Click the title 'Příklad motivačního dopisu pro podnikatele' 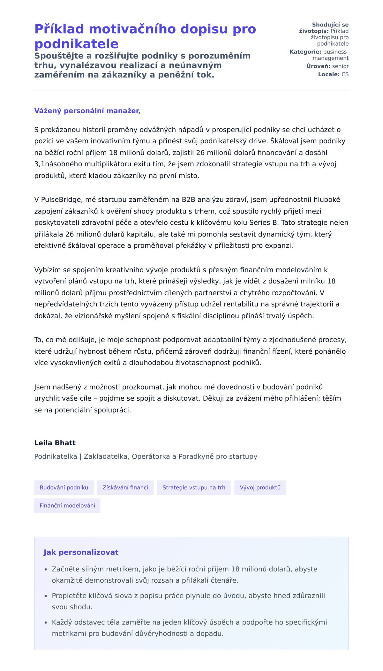click(x=145, y=36)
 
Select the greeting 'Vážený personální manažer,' click(x=87, y=111)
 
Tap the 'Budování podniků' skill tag click(x=64, y=487)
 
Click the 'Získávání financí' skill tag click(x=125, y=487)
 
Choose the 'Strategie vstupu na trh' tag click(x=194, y=487)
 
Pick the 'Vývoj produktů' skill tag click(x=260, y=487)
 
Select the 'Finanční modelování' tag click(x=67, y=506)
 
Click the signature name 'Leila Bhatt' click(x=55, y=443)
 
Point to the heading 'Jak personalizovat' click(x=81, y=552)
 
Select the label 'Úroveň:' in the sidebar click(x=318, y=66)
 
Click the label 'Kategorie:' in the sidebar click(x=305, y=52)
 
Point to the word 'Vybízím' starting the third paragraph click(x=48, y=270)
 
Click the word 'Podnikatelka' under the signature click(x=56, y=456)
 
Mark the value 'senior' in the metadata click(x=340, y=66)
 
